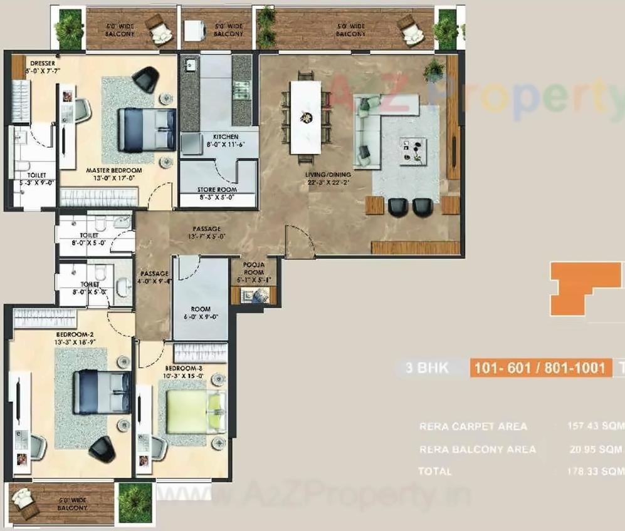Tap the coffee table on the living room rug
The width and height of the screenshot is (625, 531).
[413, 151]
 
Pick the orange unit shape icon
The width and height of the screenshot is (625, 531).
[584, 288]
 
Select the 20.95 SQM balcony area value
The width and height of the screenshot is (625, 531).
[596, 449]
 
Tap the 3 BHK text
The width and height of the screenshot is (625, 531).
[427, 368]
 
